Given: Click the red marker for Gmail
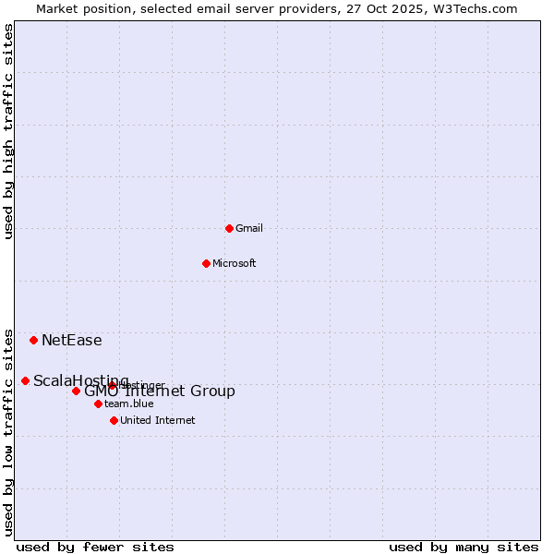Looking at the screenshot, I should coord(229,228).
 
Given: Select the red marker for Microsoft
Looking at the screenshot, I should coord(206,263).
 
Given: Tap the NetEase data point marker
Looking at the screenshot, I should coord(33,340).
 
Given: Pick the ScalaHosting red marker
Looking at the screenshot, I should coord(25,380).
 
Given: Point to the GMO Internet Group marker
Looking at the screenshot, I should coord(76,391).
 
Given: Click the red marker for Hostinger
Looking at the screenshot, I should coord(112,386).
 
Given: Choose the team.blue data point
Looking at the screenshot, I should coord(98,403).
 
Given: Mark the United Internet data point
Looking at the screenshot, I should coord(114,420).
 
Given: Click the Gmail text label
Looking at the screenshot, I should coord(249,228).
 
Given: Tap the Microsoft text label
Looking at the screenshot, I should coord(235,263).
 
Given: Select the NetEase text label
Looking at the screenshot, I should coord(72,340).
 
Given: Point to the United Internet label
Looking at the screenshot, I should coord(158,420).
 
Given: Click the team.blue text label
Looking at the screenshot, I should coord(129,403).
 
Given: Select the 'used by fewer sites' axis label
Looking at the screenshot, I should coord(95,547).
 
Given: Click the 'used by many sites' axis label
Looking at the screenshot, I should coord(464,547).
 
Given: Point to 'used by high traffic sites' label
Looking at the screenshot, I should coord(8,131).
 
